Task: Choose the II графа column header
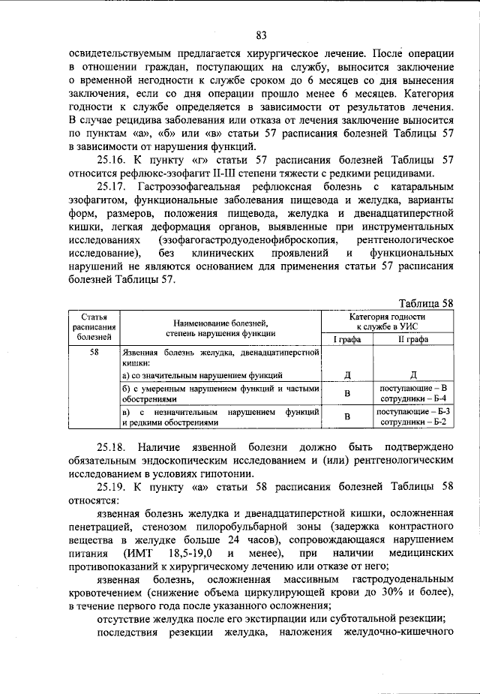(412, 339)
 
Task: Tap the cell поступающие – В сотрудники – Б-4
(412, 392)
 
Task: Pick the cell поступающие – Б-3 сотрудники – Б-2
(412, 417)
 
